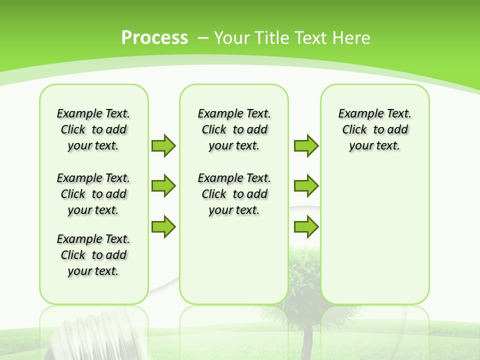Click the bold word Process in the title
point(154,38)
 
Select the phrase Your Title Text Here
point(291,38)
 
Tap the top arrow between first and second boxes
point(163,145)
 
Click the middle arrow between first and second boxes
point(163,186)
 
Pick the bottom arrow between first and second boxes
point(163,226)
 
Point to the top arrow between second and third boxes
point(306,145)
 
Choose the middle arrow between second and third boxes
point(306,186)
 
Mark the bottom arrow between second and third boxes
point(306,226)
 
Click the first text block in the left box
point(93,129)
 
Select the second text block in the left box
point(93,194)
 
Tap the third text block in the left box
point(93,255)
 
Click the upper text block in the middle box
point(234,129)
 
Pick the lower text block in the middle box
point(234,194)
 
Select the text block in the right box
point(374,129)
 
